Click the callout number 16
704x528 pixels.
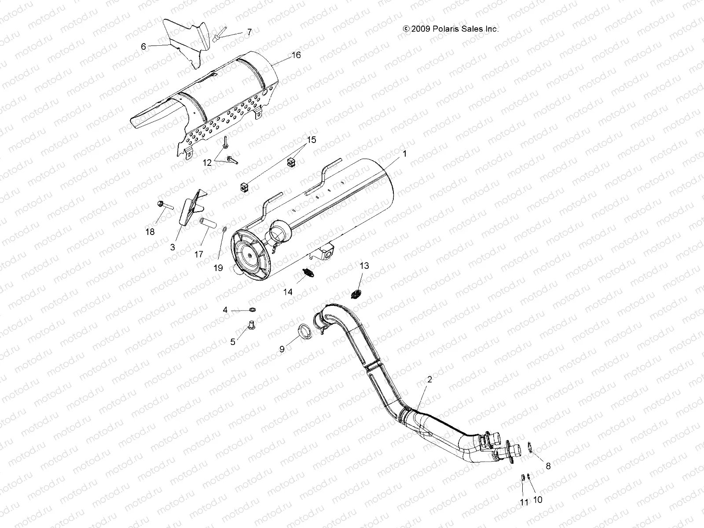pyautogui.click(x=296, y=55)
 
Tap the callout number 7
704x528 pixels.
pyautogui.click(x=249, y=32)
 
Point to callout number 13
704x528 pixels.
pyautogui.click(x=364, y=266)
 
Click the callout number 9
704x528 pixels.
pyautogui.click(x=282, y=349)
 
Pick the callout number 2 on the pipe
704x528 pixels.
pyautogui.click(x=429, y=379)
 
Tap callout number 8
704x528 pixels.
pyautogui.click(x=548, y=466)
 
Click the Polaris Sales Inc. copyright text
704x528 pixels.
pyautogui.click(x=451, y=29)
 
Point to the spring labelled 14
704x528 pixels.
pyautogui.click(x=309, y=275)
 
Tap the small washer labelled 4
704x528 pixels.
pyautogui.click(x=253, y=311)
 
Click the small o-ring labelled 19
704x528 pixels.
pyautogui.click(x=224, y=230)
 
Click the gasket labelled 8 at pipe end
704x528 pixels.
pyautogui.click(x=531, y=449)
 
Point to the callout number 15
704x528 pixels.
pyautogui.click(x=311, y=140)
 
